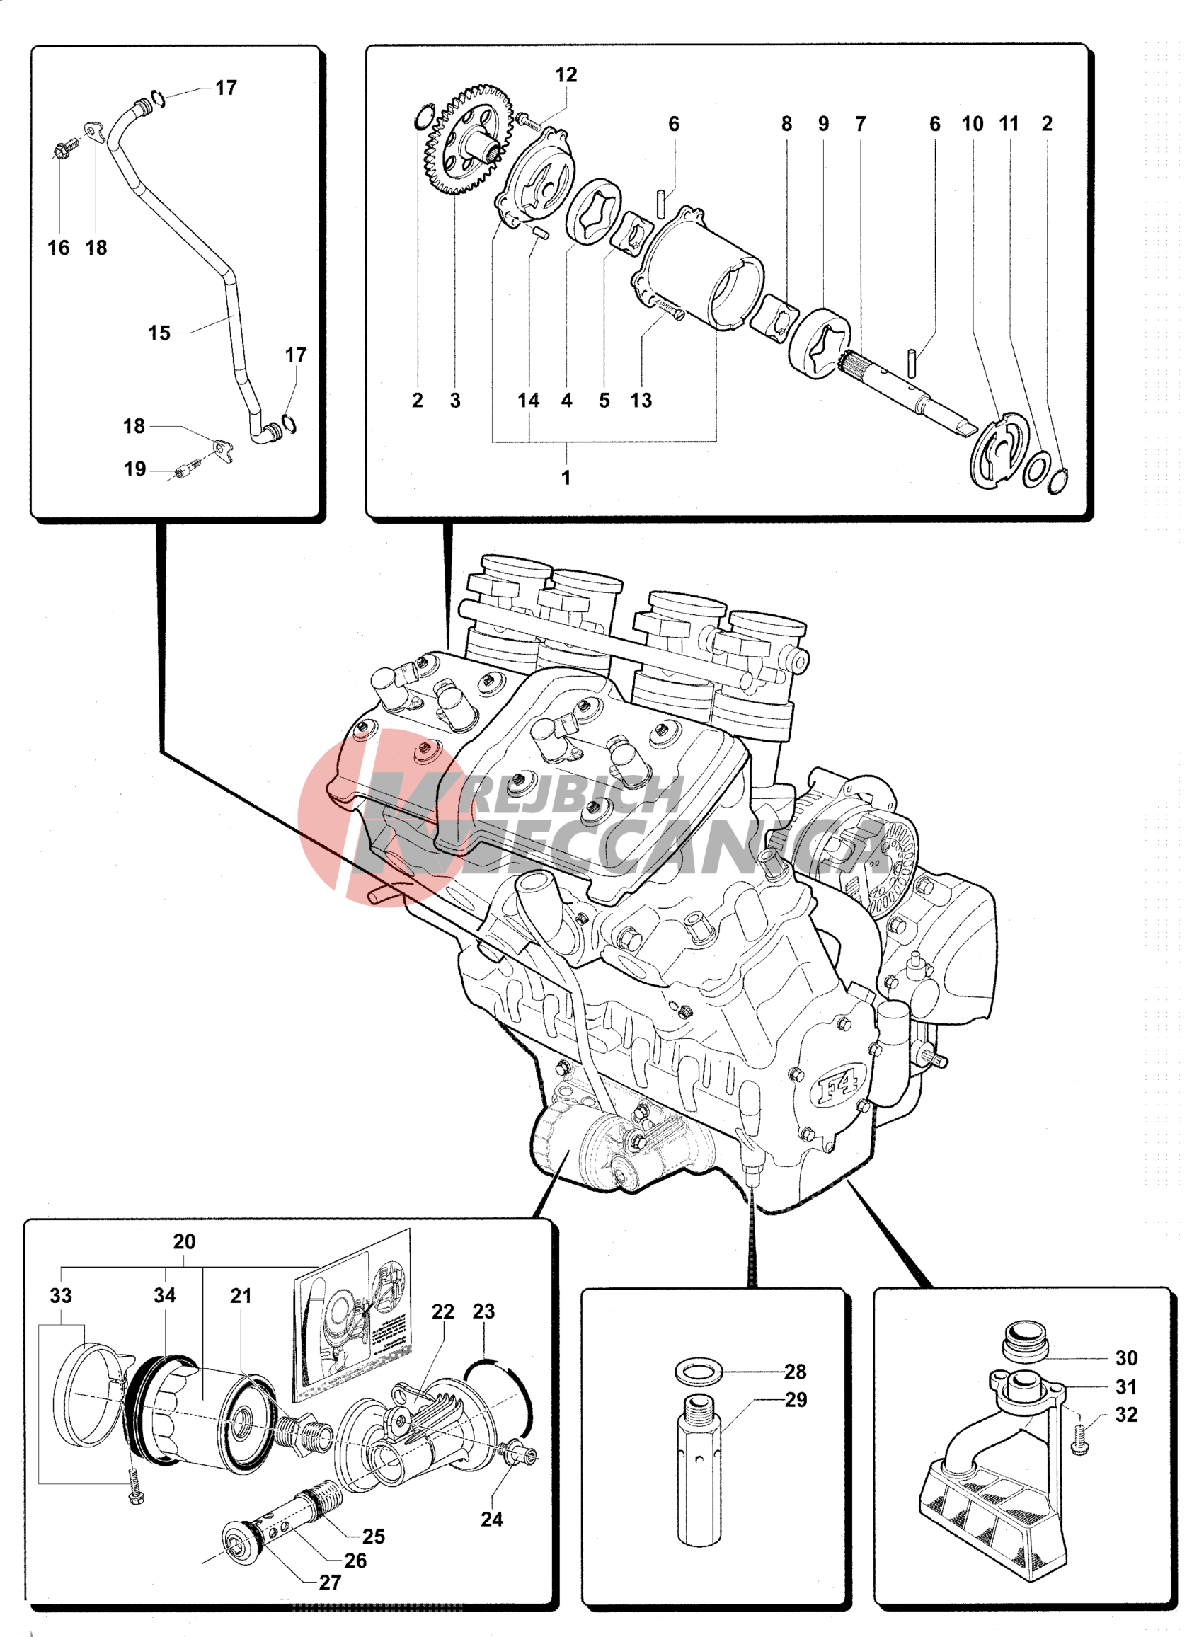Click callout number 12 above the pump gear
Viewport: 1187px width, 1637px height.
[x=566, y=75]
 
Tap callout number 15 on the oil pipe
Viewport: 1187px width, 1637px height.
[x=159, y=333]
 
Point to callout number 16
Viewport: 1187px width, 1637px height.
[x=59, y=248]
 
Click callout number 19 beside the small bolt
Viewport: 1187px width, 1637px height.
[x=135, y=470]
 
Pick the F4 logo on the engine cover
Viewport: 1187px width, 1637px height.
[x=837, y=1088]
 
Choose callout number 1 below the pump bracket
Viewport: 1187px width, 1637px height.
[x=566, y=478]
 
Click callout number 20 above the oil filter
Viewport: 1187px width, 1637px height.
[x=184, y=1242]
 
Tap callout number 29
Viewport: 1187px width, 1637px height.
[x=796, y=1400]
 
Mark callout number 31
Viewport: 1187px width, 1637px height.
[x=1126, y=1387]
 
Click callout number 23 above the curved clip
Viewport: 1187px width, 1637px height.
[x=483, y=1311]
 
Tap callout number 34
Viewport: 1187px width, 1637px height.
[x=165, y=1296]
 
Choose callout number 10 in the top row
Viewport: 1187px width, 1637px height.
[x=973, y=124]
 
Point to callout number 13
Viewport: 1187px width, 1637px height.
[x=641, y=401]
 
